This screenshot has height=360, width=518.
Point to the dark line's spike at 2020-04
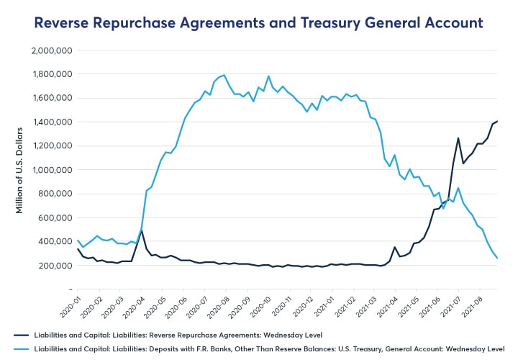pos(141,230)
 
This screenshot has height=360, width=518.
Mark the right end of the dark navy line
pos(497,121)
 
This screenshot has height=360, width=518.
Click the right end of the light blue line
pos(497,258)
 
